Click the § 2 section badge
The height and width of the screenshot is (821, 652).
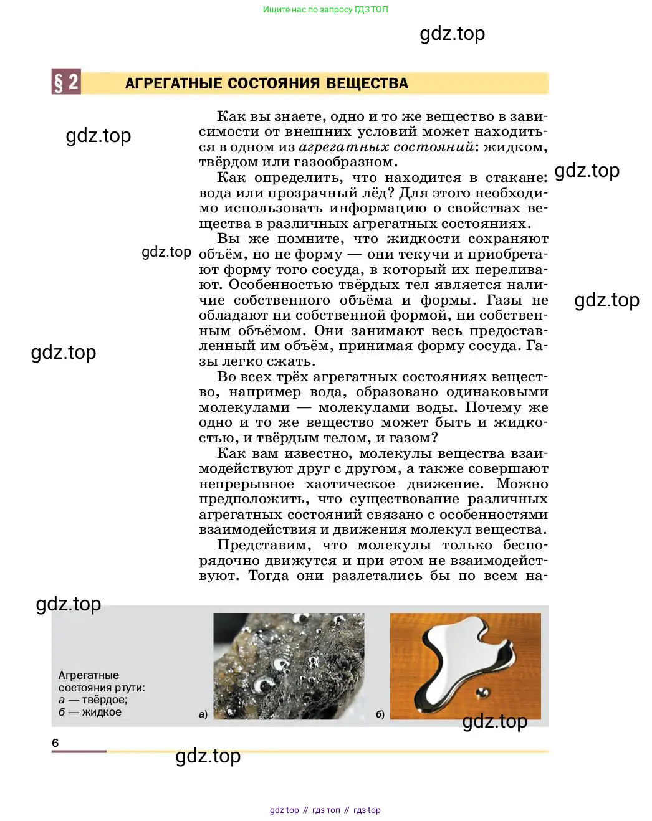pos(66,82)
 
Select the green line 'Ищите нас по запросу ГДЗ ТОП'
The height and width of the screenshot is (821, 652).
pos(325,9)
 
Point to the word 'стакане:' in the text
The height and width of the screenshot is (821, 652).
pos(516,178)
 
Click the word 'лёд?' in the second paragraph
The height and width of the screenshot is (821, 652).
pos(376,193)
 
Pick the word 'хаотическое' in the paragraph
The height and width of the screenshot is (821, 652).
pos(350,484)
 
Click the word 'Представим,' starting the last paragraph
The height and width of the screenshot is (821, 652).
pos(264,545)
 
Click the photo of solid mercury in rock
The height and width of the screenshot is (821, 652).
pos(289,666)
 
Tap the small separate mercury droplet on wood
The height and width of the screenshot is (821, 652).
pos(482,691)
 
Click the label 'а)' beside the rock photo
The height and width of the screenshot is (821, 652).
pos(203,714)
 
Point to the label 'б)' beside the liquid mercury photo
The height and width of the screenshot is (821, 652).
pos(380,714)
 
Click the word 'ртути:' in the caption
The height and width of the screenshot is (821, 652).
pos(130,688)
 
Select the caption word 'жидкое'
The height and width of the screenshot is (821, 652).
pos(102,712)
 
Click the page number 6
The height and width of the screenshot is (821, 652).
pos(55,743)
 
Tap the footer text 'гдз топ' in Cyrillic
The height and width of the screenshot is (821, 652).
pos(326,810)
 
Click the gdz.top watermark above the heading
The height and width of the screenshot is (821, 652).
pos(452,34)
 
